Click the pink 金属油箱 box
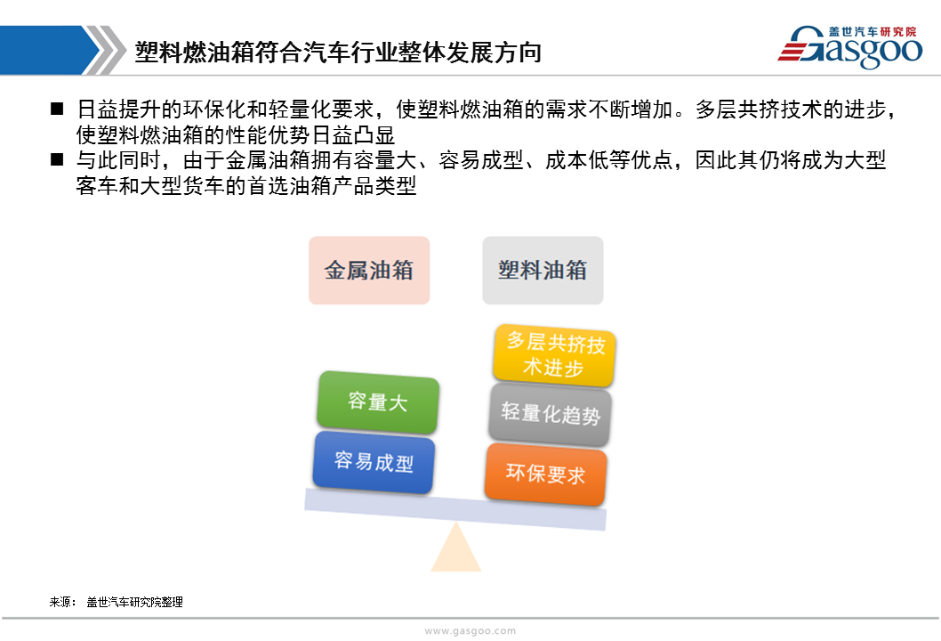pos(369,271)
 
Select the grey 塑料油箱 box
pos(543,271)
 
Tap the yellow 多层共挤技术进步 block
pos(554,355)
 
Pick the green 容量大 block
pos(378,402)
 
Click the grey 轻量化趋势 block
pos(551,415)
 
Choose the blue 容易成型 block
pos(374,462)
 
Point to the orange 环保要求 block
pos(545,474)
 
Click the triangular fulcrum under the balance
pos(456,547)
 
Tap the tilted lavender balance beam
pos(455,510)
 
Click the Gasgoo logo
pos(849,46)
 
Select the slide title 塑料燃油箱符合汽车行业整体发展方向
pos(338,53)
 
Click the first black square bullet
pos(57,109)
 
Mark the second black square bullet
pos(57,159)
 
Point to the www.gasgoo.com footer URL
pos(470,631)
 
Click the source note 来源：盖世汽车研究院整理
pos(116,602)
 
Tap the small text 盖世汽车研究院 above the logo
pos(873,31)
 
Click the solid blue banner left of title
pos(49,50)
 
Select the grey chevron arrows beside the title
pos(104,50)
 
